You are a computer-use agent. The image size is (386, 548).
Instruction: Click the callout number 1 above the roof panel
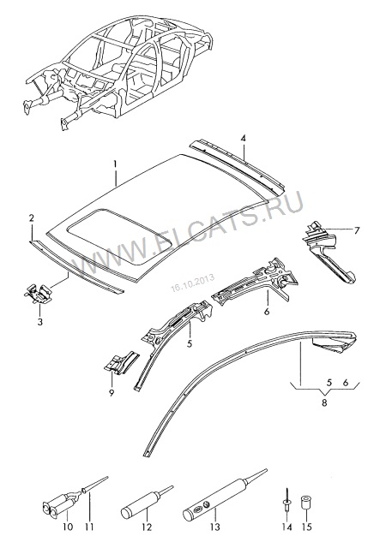tap(115, 164)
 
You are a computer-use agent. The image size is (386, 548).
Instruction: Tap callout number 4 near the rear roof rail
tap(243, 139)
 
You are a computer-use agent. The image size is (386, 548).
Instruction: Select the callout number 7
tap(357, 230)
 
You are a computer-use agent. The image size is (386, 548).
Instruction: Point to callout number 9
tap(112, 393)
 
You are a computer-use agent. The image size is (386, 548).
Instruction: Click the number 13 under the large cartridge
tap(215, 527)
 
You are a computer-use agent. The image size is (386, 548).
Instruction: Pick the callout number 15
tap(306, 527)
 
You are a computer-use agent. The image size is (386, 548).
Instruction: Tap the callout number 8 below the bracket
tap(324, 402)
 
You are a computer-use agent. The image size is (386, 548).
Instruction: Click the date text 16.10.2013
tap(193, 284)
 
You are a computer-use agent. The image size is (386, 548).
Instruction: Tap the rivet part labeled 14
tap(286, 500)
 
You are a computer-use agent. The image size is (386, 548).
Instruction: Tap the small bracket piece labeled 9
tap(121, 362)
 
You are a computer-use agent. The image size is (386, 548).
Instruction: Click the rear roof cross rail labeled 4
tap(237, 165)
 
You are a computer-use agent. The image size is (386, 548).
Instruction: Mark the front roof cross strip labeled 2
tap(76, 266)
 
